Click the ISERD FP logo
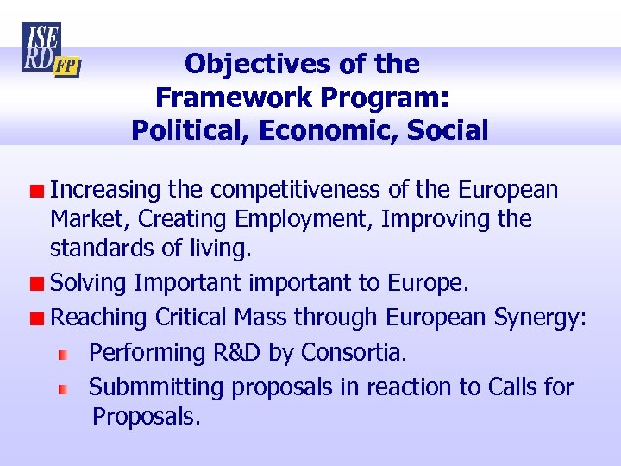click(x=50, y=50)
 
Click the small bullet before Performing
click(x=62, y=354)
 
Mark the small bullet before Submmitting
click(x=62, y=389)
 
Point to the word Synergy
click(x=537, y=318)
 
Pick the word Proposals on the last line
click(x=145, y=418)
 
